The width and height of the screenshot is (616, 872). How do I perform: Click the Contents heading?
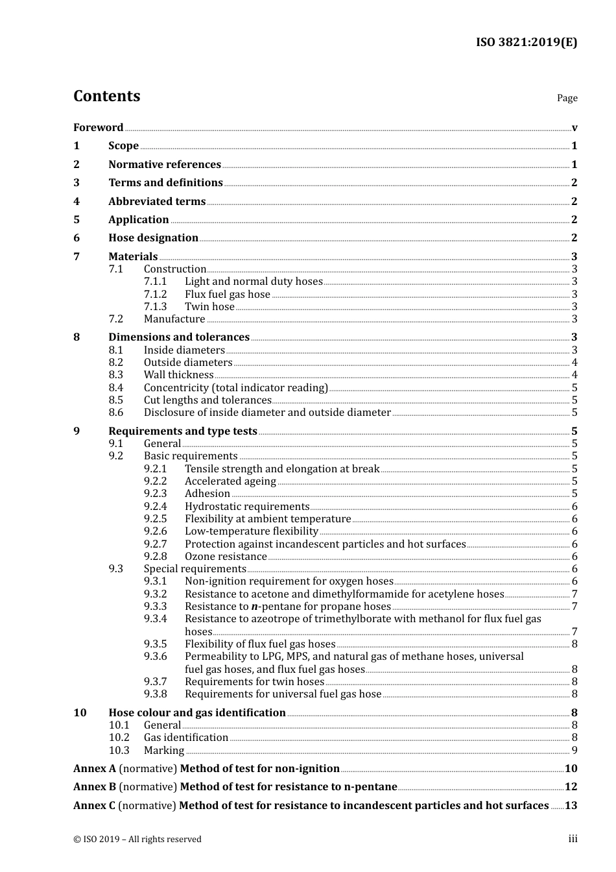point(106,96)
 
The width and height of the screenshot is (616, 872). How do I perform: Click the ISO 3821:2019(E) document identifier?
point(526,42)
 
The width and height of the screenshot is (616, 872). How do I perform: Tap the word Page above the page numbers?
point(567,98)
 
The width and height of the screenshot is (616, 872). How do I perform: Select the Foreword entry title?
point(98,127)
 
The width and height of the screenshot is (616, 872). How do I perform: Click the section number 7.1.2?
point(155,294)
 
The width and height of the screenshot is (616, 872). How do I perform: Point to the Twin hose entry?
point(209,306)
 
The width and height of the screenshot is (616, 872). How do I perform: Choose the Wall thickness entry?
point(178,374)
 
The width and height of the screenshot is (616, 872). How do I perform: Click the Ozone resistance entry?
point(226,556)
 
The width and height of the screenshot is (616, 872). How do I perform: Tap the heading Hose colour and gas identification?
point(197,712)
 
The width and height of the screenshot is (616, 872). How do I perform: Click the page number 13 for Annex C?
point(571,805)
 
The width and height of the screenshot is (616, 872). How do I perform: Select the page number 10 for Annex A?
point(571,768)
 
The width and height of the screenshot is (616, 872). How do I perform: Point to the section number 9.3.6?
point(155,656)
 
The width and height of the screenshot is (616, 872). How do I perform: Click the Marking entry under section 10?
point(164,750)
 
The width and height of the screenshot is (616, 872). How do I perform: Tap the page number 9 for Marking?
point(575,750)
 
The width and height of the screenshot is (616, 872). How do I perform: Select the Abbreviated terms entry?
point(157,201)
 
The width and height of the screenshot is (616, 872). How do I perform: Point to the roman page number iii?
point(573,838)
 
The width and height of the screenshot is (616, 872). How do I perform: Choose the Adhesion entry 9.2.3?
point(207,493)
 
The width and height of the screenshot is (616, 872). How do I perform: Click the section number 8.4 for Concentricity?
point(115,387)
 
